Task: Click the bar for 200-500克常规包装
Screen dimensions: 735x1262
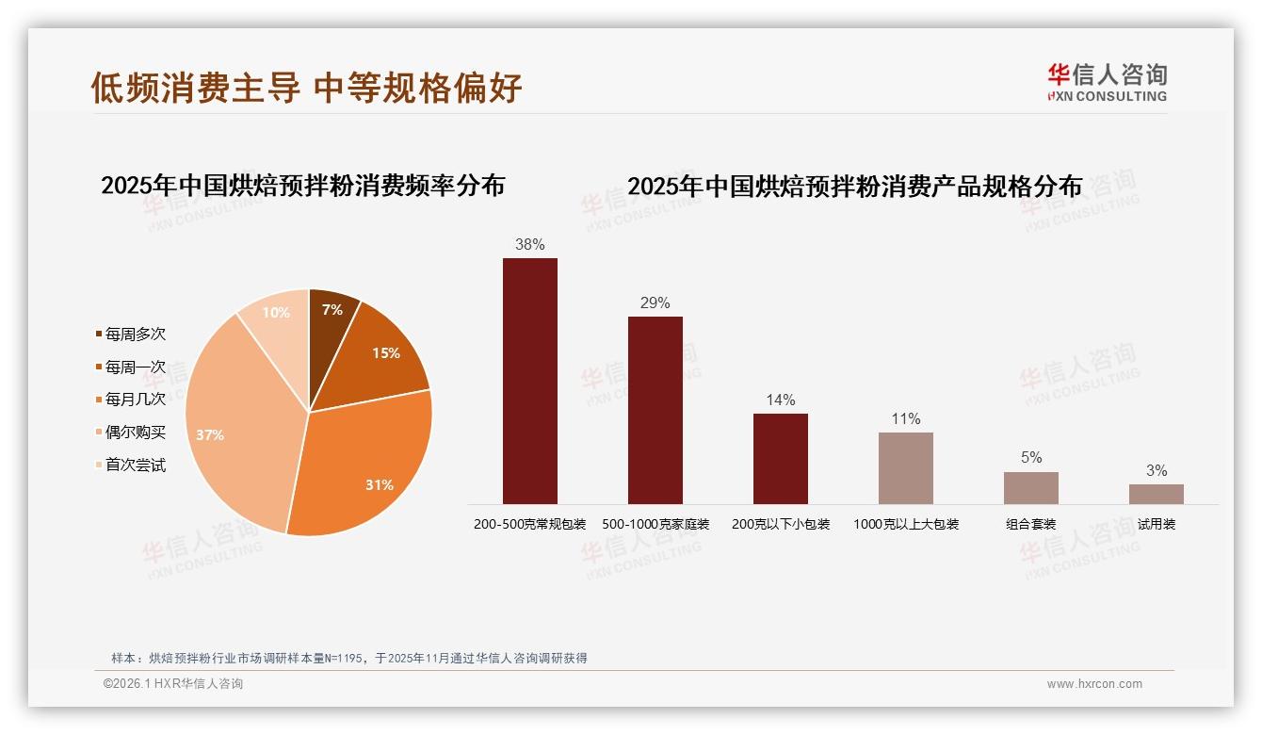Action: click(x=530, y=381)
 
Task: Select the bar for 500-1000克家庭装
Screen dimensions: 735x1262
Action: click(x=655, y=410)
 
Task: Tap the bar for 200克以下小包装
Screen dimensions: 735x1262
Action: click(x=781, y=458)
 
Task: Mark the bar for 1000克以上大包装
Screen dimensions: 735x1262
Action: click(x=906, y=468)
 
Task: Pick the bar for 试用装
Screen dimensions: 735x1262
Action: click(x=1157, y=494)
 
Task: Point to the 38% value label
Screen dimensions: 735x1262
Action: click(x=530, y=245)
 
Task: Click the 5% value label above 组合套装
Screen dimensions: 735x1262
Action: click(x=1031, y=458)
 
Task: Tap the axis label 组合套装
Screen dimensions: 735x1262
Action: click(x=1031, y=525)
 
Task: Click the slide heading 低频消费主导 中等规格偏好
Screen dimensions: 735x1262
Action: click(x=306, y=88)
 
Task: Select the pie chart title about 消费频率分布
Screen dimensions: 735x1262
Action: click(x=303, y=186)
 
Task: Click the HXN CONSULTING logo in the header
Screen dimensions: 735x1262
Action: click(x=1108, y=82)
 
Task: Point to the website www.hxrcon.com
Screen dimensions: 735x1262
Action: click(x=1094, y=684)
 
